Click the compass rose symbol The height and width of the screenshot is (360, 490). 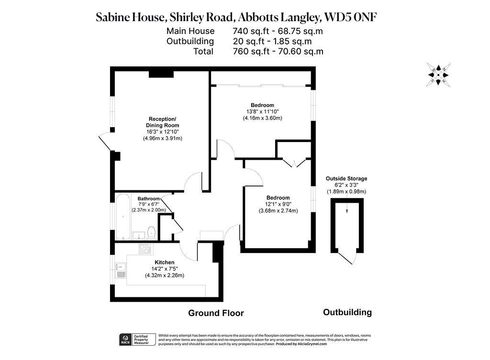[438, 75]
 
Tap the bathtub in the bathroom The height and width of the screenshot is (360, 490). [123, 217]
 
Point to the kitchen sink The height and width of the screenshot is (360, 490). [121, 271]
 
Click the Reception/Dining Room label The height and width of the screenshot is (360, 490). [163, 122]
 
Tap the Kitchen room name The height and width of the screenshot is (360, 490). [165, 262]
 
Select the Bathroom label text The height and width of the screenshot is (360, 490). [149, 198]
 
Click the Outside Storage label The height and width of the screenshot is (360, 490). [346, 179]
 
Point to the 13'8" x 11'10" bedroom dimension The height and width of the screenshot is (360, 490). [263, 111]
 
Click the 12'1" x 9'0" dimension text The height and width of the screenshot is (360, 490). [278, 204]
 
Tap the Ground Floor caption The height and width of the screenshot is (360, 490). [216, 313]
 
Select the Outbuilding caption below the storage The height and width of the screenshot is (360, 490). [347, 312]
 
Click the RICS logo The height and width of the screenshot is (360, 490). [126, 340]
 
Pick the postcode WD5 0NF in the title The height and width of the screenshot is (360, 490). [351, 17]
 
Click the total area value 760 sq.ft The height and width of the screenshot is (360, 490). [251, 52]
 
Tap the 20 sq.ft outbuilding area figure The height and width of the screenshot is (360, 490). [249, 41]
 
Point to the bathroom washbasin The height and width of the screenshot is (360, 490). [138, 235]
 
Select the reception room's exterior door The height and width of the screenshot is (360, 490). [105, 143]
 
